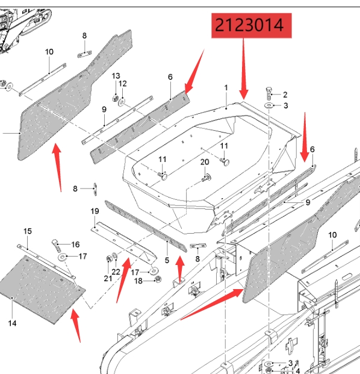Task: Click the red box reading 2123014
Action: [x=252, y=25]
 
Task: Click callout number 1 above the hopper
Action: [x=226, y=88]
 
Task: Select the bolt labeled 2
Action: [x=269, y=93]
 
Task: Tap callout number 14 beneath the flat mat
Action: [x=12, y=323]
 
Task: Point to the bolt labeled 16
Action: [x=56, y=246]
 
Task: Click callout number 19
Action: [x=95, y=211]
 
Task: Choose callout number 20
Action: [x=205, y=162]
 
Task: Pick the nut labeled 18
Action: [x=158, y=279]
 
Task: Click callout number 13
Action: [x=116, y=76]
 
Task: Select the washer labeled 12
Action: [x=122, y=102]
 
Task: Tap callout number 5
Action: [x=167, y=260]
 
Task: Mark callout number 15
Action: [x=28, y=231]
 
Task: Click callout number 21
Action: [x=108, y=278]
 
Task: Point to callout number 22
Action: [x=116, y=272]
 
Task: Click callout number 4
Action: [x=297, y=370]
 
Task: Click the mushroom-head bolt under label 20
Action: [x=206, y=178]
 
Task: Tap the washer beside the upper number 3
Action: [x=269, y=105]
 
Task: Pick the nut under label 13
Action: [x=116, y=98]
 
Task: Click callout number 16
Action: [x=75, y=245]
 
